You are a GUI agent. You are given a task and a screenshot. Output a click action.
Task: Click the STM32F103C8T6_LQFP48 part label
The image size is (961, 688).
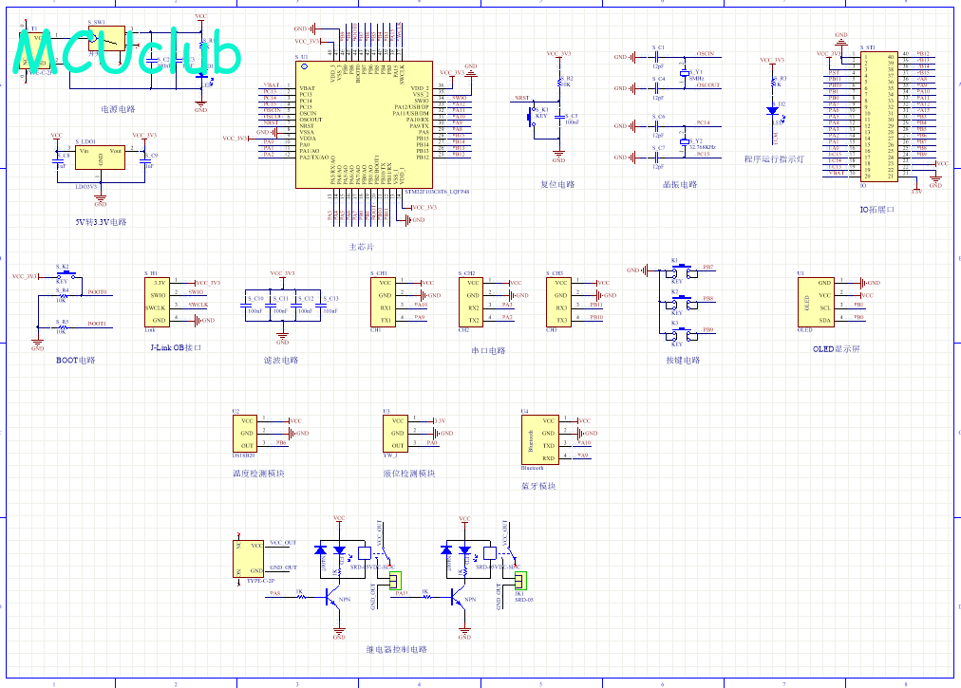point(437,191)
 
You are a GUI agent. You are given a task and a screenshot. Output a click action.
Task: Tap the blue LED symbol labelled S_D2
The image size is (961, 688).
point(771,111)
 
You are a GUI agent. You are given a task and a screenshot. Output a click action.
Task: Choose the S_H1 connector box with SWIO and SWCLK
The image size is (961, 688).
point(159,302)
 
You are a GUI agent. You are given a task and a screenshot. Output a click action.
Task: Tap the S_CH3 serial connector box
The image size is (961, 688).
point(560,302)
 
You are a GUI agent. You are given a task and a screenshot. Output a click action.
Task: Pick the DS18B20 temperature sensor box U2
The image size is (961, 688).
point(246,433)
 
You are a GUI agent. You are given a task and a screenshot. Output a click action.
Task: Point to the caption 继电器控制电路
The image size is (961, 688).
point(396,649)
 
